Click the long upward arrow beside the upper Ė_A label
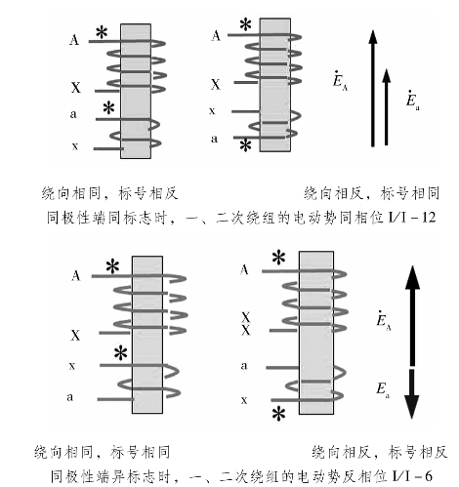click(373, 89)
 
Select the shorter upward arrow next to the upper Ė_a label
click(386, 107)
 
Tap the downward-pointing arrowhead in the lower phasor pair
click(412, 406)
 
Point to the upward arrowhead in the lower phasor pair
click(412, 277)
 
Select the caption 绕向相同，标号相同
click(103, 452)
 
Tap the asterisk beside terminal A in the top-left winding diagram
click(102, 33)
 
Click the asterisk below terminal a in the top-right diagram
click(245, 145)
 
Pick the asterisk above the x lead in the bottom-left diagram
click(121, 353)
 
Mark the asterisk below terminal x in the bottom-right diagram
click(279, 414)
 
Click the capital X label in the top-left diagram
click(75, 88)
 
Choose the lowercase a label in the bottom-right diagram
click(244, 366)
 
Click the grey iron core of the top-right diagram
click(275, 85)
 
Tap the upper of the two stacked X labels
click(245, 317)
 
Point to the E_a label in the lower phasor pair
click(383, 390)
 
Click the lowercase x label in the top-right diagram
click(212, 111)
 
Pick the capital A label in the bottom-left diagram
click(75, 276)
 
